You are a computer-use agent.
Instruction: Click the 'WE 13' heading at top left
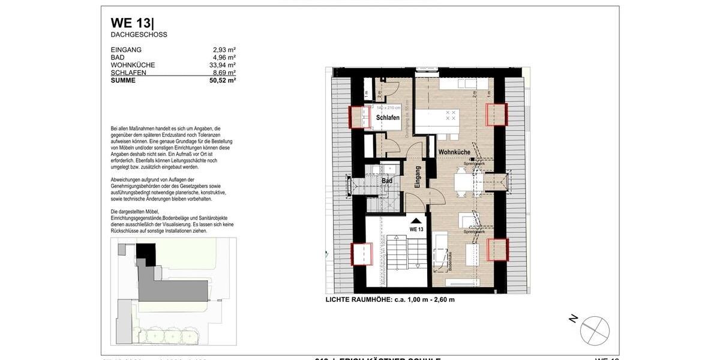point(131,23)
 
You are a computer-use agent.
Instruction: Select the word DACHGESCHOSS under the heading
point(139,35)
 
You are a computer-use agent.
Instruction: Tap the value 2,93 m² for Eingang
point(224,50)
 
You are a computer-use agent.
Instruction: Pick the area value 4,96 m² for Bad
point(224,58)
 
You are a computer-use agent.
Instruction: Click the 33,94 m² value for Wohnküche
point(222,65)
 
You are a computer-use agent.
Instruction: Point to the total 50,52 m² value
point(222,80)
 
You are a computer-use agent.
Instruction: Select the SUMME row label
point(123,80)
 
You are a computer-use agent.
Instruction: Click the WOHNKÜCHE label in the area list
point(133,65)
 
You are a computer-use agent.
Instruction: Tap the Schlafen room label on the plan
point(388,118)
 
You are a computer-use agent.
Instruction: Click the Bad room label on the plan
point(387,181)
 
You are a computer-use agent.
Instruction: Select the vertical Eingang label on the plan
point(418,178)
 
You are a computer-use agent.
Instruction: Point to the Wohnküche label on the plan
point(454,152)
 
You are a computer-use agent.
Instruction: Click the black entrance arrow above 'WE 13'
point(416,221)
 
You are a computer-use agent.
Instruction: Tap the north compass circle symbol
point(595,331)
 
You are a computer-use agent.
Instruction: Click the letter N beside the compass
point(574,319)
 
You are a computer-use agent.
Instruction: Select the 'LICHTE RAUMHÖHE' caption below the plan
point(390,299)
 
